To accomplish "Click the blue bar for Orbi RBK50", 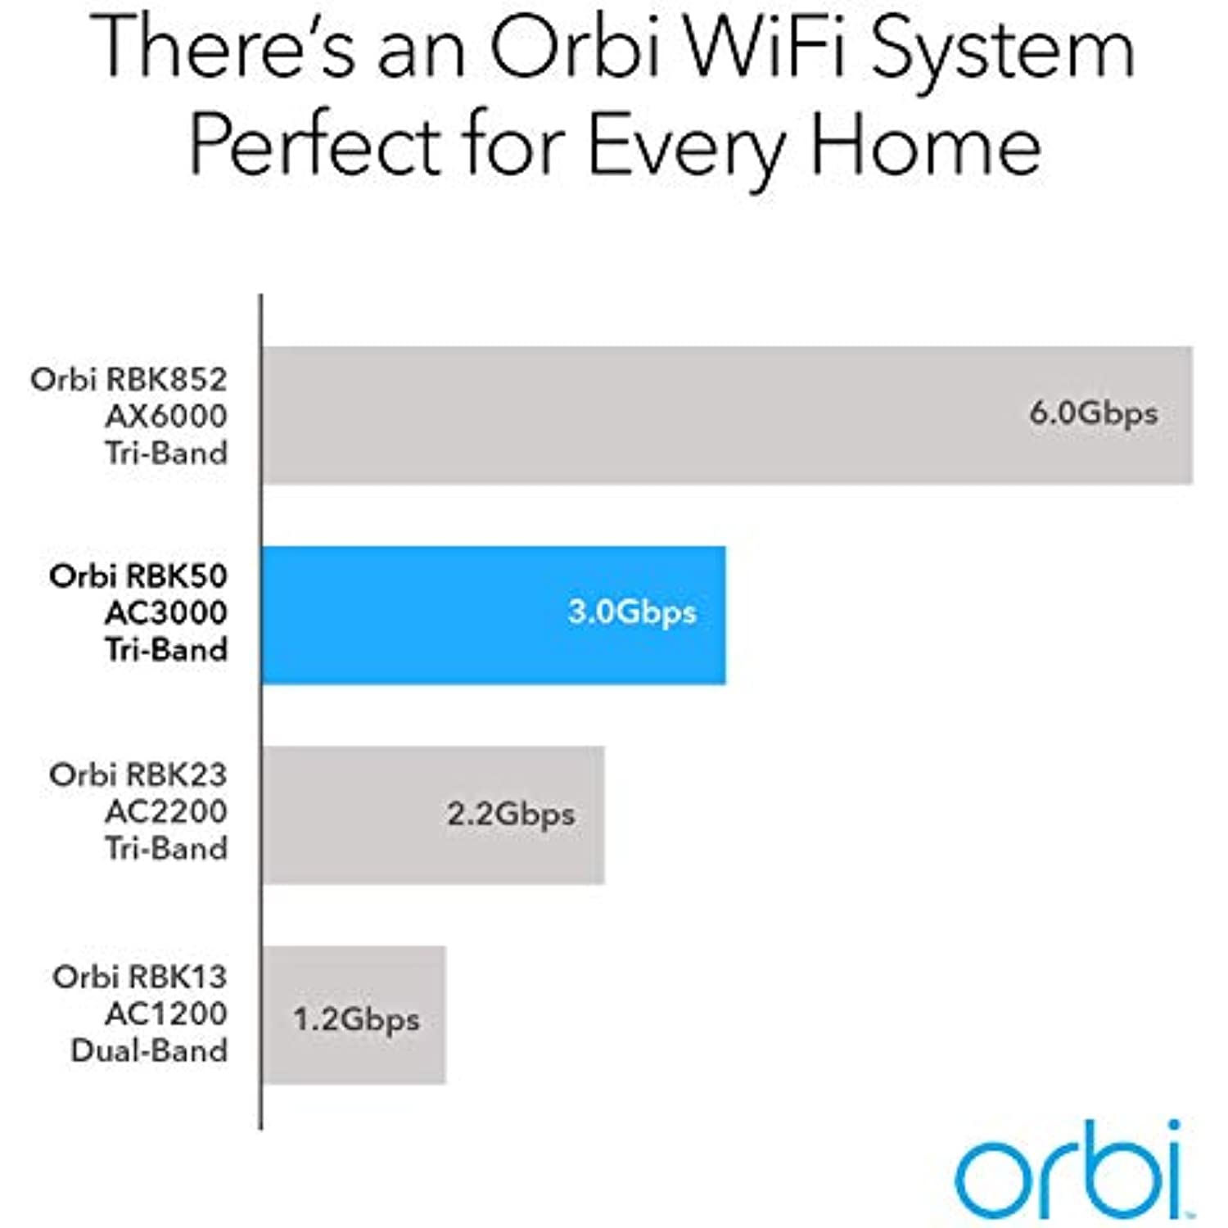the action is tap(494, 615).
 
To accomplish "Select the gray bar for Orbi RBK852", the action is tap(728, 415).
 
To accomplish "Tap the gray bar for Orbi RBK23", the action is tap(433, 815).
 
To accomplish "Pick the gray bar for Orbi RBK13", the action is tap(354, 1015).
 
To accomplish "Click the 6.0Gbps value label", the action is tap(1094, 413).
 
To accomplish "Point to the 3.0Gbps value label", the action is tap(632, 613).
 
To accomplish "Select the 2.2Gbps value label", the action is tap(511, 815).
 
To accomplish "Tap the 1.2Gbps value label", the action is tap(356, 1020).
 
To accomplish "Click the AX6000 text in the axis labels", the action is tap(166, 416).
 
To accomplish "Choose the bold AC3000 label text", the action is tap(166, 612).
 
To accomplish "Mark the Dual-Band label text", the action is tap(149, 1050).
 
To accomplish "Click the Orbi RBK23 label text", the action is tap(138, 774).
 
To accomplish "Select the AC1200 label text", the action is tap(166, 1014).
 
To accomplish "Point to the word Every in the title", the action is tap(688, 151).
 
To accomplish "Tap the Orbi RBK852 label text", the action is tap(129, 379).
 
